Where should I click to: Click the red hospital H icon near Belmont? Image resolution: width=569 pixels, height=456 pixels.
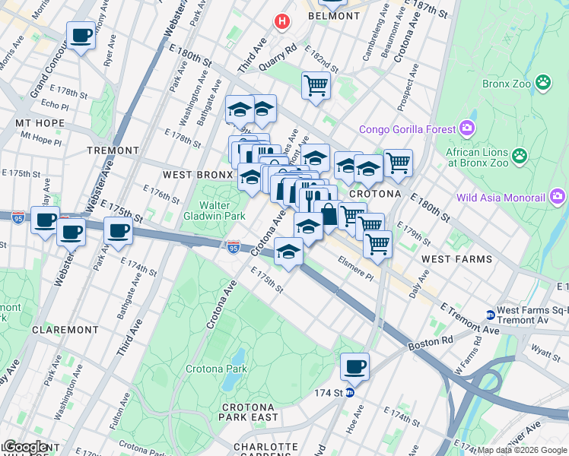pos(282,21)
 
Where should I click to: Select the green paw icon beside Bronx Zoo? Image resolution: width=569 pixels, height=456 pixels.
pos(543,81)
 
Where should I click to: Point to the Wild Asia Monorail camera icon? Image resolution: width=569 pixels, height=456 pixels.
pos(558,198)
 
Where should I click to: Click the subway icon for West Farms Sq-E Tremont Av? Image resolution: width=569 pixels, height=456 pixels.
pos(491,315)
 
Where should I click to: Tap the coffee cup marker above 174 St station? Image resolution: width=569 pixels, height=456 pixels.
pos(354,368)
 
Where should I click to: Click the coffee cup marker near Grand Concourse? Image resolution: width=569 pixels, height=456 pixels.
pos(81,35)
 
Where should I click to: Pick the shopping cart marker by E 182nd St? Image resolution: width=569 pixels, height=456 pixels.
pos(316,85)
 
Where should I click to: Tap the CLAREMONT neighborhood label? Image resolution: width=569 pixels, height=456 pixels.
pos(65,330)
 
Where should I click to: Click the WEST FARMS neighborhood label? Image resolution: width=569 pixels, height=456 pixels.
pos(456,259)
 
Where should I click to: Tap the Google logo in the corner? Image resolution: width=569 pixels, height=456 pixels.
pos(25,447)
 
